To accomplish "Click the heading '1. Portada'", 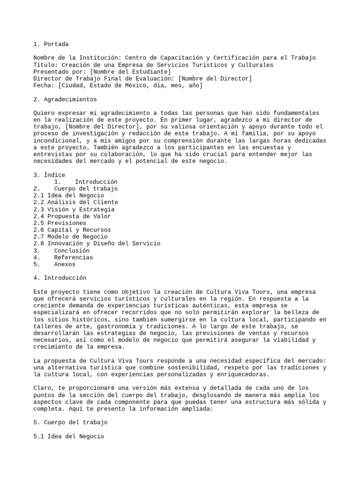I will (51, 44).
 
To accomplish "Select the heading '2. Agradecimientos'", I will (65, 99).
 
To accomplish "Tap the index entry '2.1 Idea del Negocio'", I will (68, 195).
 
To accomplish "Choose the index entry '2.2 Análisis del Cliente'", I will (75, 202).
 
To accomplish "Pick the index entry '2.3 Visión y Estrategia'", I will (74, 210).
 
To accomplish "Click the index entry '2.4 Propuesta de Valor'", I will (72, 216).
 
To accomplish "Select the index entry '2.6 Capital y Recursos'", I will (72, 230).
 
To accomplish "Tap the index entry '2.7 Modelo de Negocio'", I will (70, 237).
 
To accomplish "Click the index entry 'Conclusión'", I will (72, 251).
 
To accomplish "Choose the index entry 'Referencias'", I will (73, 257).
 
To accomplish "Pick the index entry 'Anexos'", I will (65, 264).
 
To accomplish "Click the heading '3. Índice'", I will (49, 175).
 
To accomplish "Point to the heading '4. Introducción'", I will (60, 278).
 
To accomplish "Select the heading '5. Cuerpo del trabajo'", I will (70, 422).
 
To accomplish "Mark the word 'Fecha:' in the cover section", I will (44, 86).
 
